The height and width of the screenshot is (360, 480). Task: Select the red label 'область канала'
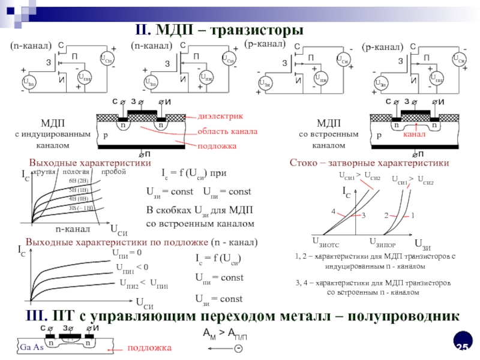pos(227,131)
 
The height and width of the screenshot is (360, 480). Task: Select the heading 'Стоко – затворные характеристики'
pos(369,163)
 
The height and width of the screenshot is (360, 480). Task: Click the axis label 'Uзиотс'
pos(326,242)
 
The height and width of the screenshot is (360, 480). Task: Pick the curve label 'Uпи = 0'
pos(127,253)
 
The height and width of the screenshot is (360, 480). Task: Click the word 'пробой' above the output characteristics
pos(113,172)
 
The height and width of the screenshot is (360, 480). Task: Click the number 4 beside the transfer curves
pos(333,212)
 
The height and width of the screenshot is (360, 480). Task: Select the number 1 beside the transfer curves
pos(412,214)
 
